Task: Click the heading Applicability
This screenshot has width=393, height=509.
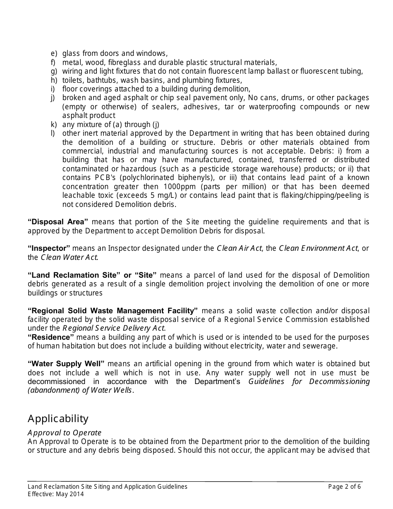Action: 58,419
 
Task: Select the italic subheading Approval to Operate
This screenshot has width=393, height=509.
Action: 65,433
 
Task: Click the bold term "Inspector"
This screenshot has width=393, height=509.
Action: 49,248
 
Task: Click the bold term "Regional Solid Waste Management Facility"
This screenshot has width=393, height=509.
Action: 113,311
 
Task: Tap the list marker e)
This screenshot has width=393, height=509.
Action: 53,53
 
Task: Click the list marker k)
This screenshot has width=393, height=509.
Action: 53,125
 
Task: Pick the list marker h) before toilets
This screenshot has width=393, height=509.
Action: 53,80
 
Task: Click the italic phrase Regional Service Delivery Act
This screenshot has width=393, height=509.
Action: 114,329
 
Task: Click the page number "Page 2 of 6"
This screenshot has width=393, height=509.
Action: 344,487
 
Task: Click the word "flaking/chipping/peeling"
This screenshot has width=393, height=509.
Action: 307,195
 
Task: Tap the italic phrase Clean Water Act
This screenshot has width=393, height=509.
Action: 69,257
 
